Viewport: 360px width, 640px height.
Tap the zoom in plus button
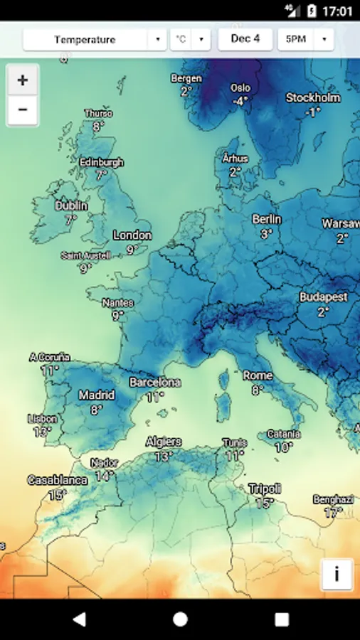(23, 80)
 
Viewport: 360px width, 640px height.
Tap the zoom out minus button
(23, 110)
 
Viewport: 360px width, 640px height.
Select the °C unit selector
(190, 40)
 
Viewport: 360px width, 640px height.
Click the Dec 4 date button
(245, 39)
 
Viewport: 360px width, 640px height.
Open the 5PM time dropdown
(305, 40)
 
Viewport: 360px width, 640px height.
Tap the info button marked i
(337, 574)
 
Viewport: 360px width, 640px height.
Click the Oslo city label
(240, 88)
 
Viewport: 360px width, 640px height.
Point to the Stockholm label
(314, 98)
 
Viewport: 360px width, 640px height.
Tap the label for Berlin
(267, 219)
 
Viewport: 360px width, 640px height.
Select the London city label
(132, 235)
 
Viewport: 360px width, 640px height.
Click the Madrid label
(97, 395)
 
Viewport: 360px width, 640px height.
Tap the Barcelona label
(155, 383)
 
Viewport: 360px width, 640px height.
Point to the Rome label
(258, 375)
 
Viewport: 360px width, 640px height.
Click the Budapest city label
(323, 297)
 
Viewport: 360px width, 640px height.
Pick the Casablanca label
(58, 480)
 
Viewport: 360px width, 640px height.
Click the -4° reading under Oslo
(240, 102)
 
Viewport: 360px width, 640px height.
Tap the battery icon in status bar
(311, 11)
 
